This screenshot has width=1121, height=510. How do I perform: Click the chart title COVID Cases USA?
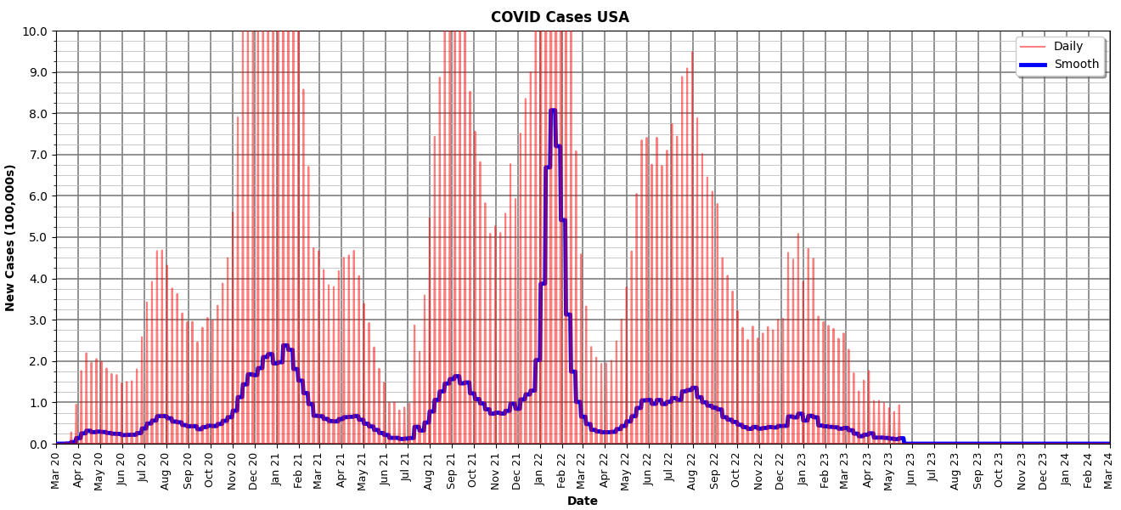point(560,17)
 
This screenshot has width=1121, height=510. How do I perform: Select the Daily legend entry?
point(1067,47)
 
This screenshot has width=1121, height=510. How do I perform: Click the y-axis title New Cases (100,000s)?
point(11,237)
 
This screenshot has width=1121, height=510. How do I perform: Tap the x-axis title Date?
point(583,501)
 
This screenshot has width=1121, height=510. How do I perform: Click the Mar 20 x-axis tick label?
point(56,469)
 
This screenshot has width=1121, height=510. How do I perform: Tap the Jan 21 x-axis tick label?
point(276,469)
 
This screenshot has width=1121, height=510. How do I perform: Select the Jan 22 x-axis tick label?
point(539,469)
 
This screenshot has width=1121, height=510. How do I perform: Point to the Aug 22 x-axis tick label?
point(693,469)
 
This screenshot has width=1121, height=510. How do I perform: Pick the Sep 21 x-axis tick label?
point(451,469)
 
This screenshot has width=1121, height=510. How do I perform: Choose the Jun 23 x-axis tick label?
point(912,469)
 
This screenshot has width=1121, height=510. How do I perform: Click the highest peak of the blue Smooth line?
point(552,110)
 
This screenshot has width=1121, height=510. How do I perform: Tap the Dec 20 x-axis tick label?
point(254,469)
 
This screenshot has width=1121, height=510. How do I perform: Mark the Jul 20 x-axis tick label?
point(144,469)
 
